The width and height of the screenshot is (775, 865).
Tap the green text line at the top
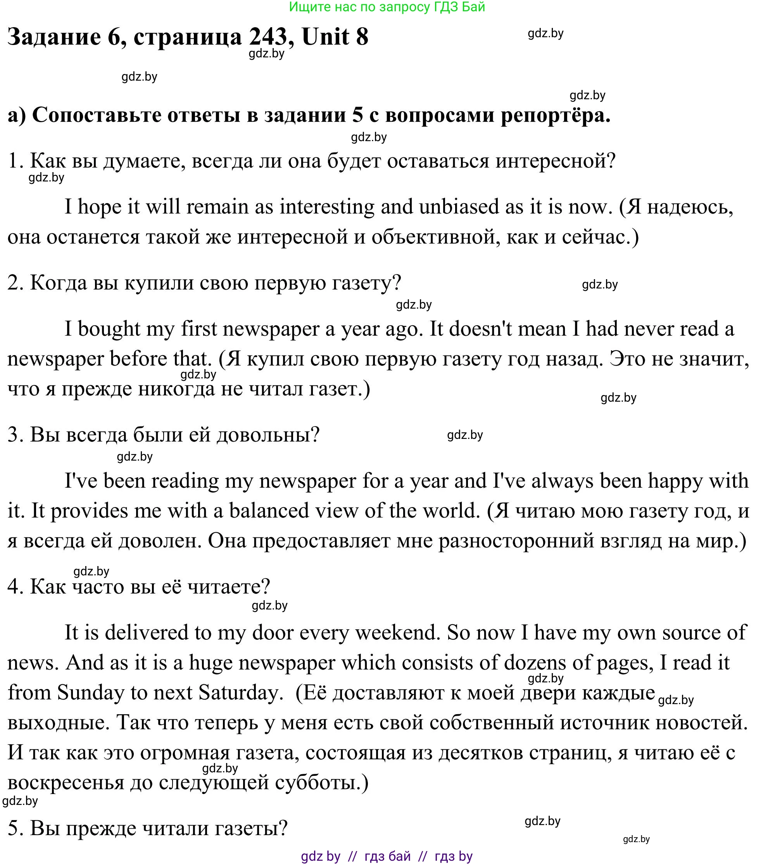point(387,7)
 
